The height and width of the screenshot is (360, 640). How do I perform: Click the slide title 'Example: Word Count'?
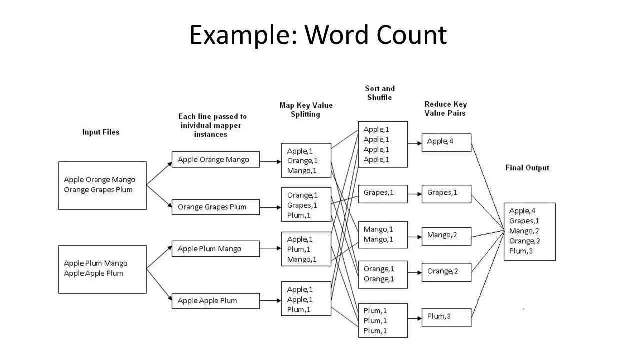[x=318, y=35]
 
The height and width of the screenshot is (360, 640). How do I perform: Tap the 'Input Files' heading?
[x=101, y=132]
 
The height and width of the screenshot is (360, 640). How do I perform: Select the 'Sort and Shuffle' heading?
[x=380, y=93]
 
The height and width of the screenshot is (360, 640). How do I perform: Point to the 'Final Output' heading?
[x=527, y=168]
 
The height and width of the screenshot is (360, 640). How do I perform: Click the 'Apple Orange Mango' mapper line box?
[x=216, y=160]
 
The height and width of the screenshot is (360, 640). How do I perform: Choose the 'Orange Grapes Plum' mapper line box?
[x=216, y=207]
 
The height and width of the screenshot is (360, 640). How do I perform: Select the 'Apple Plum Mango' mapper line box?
[x=216, y=249]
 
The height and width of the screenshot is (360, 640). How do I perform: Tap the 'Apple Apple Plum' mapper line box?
[x=216, y=301]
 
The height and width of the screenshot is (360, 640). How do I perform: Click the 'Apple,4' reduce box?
[x=446, y=142]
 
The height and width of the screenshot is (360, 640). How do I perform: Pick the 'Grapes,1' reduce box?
[x=446, y=193]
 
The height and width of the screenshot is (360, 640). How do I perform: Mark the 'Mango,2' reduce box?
[x=446, y=235]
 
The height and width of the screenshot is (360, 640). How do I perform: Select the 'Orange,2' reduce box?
[x=446, y=272]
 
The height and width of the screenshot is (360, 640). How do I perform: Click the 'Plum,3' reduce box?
[x=446, y=317]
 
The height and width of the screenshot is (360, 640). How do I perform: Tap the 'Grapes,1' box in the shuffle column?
[x=383, y=193]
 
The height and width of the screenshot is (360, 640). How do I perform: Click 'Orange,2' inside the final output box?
[x=524, y=241]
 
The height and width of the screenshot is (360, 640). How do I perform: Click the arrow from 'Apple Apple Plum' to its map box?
[x=270, y=301]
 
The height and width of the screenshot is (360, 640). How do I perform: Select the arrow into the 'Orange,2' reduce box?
[x=414, y=273]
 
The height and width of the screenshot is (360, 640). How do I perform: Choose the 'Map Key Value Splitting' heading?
[x=306, y=110]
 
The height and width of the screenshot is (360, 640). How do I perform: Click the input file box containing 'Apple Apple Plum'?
[x=102, y=269]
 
